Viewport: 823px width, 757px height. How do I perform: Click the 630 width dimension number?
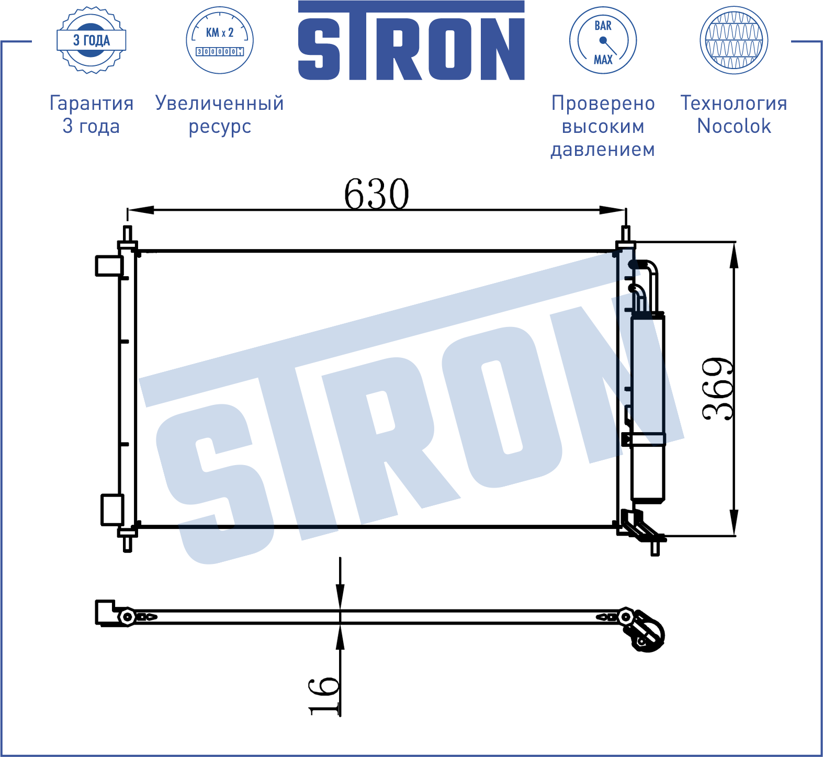point(376,194)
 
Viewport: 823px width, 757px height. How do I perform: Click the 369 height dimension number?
point(718,389)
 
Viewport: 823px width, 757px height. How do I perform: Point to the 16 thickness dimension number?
point(324,696)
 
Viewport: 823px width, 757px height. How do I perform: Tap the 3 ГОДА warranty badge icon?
point(92,40)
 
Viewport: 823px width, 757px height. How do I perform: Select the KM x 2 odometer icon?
point(220,40)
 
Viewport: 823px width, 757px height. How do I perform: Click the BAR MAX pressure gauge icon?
point(603,40)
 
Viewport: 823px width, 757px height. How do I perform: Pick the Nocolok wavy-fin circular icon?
point(734,40)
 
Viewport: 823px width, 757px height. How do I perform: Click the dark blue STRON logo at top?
point(411,40)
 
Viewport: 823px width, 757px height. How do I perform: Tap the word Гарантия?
point(92,103)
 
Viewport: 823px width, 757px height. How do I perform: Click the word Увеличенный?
point(220,103)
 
